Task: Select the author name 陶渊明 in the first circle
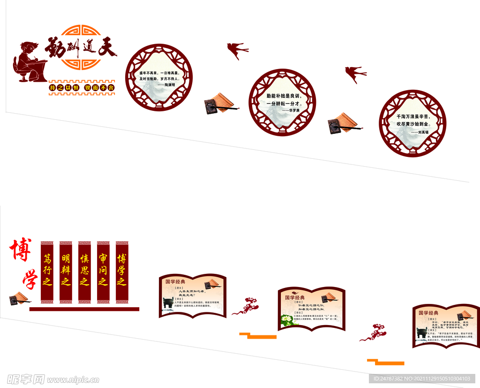(x=166, y=85)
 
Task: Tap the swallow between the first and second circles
(x=237, y=49)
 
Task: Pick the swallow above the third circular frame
(x=355, y=74)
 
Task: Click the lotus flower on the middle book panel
(x=286, y=320)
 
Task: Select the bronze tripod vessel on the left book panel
(x=167, y=303)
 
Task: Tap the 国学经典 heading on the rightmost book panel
(x=428, y=312)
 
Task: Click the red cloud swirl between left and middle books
(x=246, y=306)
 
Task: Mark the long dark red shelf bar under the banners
(x=84, y=309)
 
